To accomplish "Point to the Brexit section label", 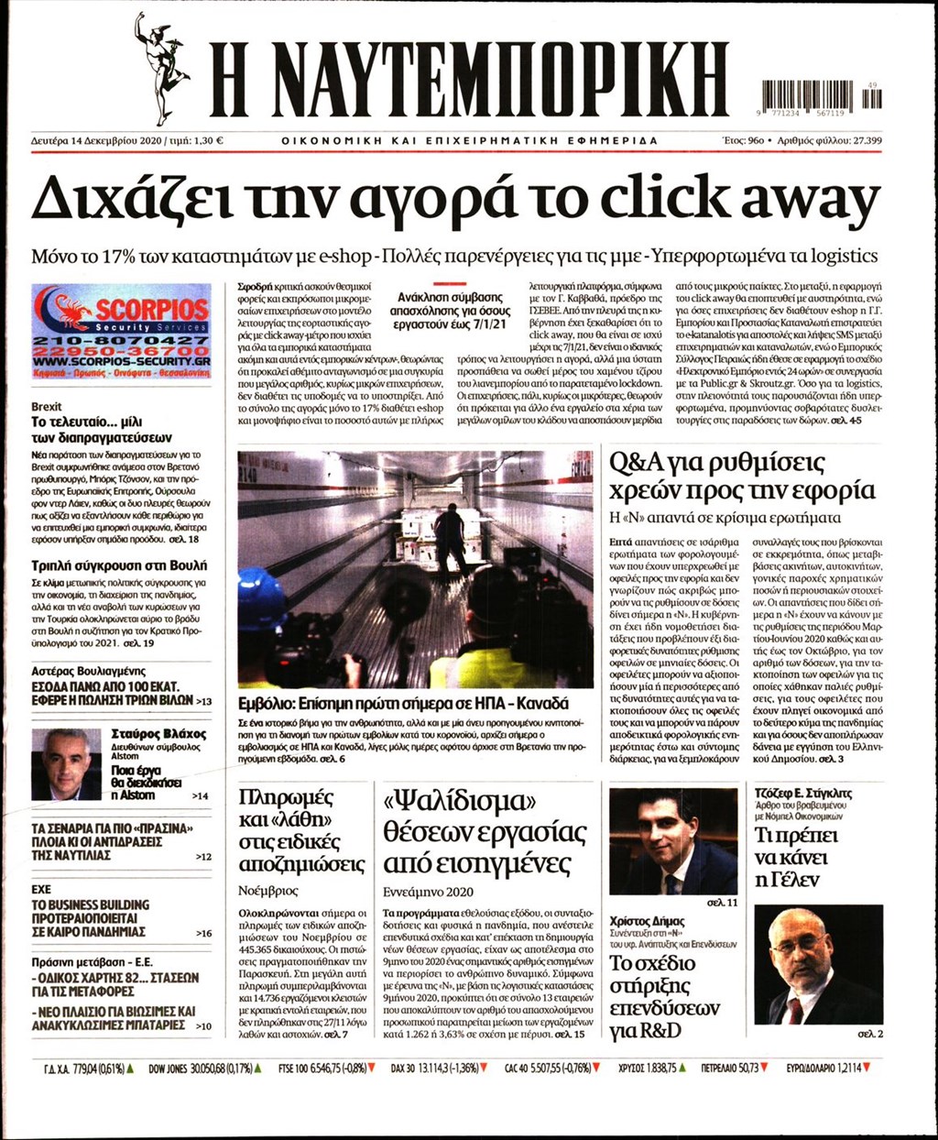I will pyautogui.click(x=47, y=406).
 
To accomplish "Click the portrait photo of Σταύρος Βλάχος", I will pyautogui.click(x=65, y=765).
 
